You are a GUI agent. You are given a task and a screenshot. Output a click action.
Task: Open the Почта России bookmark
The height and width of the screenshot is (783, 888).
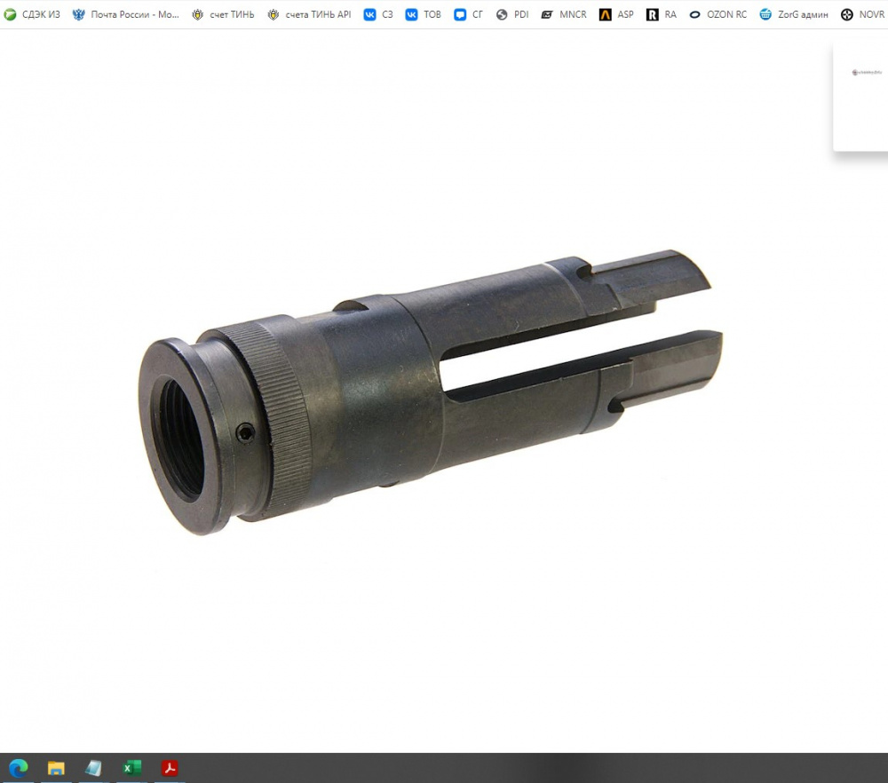[126, 14]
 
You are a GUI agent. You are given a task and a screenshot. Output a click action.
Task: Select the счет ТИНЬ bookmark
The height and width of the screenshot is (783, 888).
[223, 14]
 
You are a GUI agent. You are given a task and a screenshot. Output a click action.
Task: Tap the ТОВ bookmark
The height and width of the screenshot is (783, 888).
[424, 14]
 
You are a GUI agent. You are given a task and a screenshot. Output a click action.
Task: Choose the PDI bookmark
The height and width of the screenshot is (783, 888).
[512, 14]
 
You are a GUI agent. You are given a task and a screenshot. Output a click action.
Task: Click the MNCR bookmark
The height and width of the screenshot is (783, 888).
[564, 14]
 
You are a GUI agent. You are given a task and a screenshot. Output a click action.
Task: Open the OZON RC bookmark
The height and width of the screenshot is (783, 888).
[718, 14]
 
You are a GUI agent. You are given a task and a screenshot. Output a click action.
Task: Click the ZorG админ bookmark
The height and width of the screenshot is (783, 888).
[794, 14]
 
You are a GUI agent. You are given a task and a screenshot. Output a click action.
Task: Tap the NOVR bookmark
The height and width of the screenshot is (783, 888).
[862, 14]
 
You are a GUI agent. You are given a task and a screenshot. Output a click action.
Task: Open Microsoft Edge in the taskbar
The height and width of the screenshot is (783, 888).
[19, 768]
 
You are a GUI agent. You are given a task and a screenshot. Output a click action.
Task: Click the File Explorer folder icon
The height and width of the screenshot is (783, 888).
[56, 768]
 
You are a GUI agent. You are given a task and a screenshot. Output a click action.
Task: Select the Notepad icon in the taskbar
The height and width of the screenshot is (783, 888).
[93, 768]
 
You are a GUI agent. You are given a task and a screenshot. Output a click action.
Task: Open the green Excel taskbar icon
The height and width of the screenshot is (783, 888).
[131, 768]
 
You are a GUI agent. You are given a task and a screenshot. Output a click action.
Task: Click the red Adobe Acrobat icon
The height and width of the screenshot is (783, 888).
[170, 768]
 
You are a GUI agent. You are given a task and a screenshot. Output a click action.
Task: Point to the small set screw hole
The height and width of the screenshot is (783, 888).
[246, 432]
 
